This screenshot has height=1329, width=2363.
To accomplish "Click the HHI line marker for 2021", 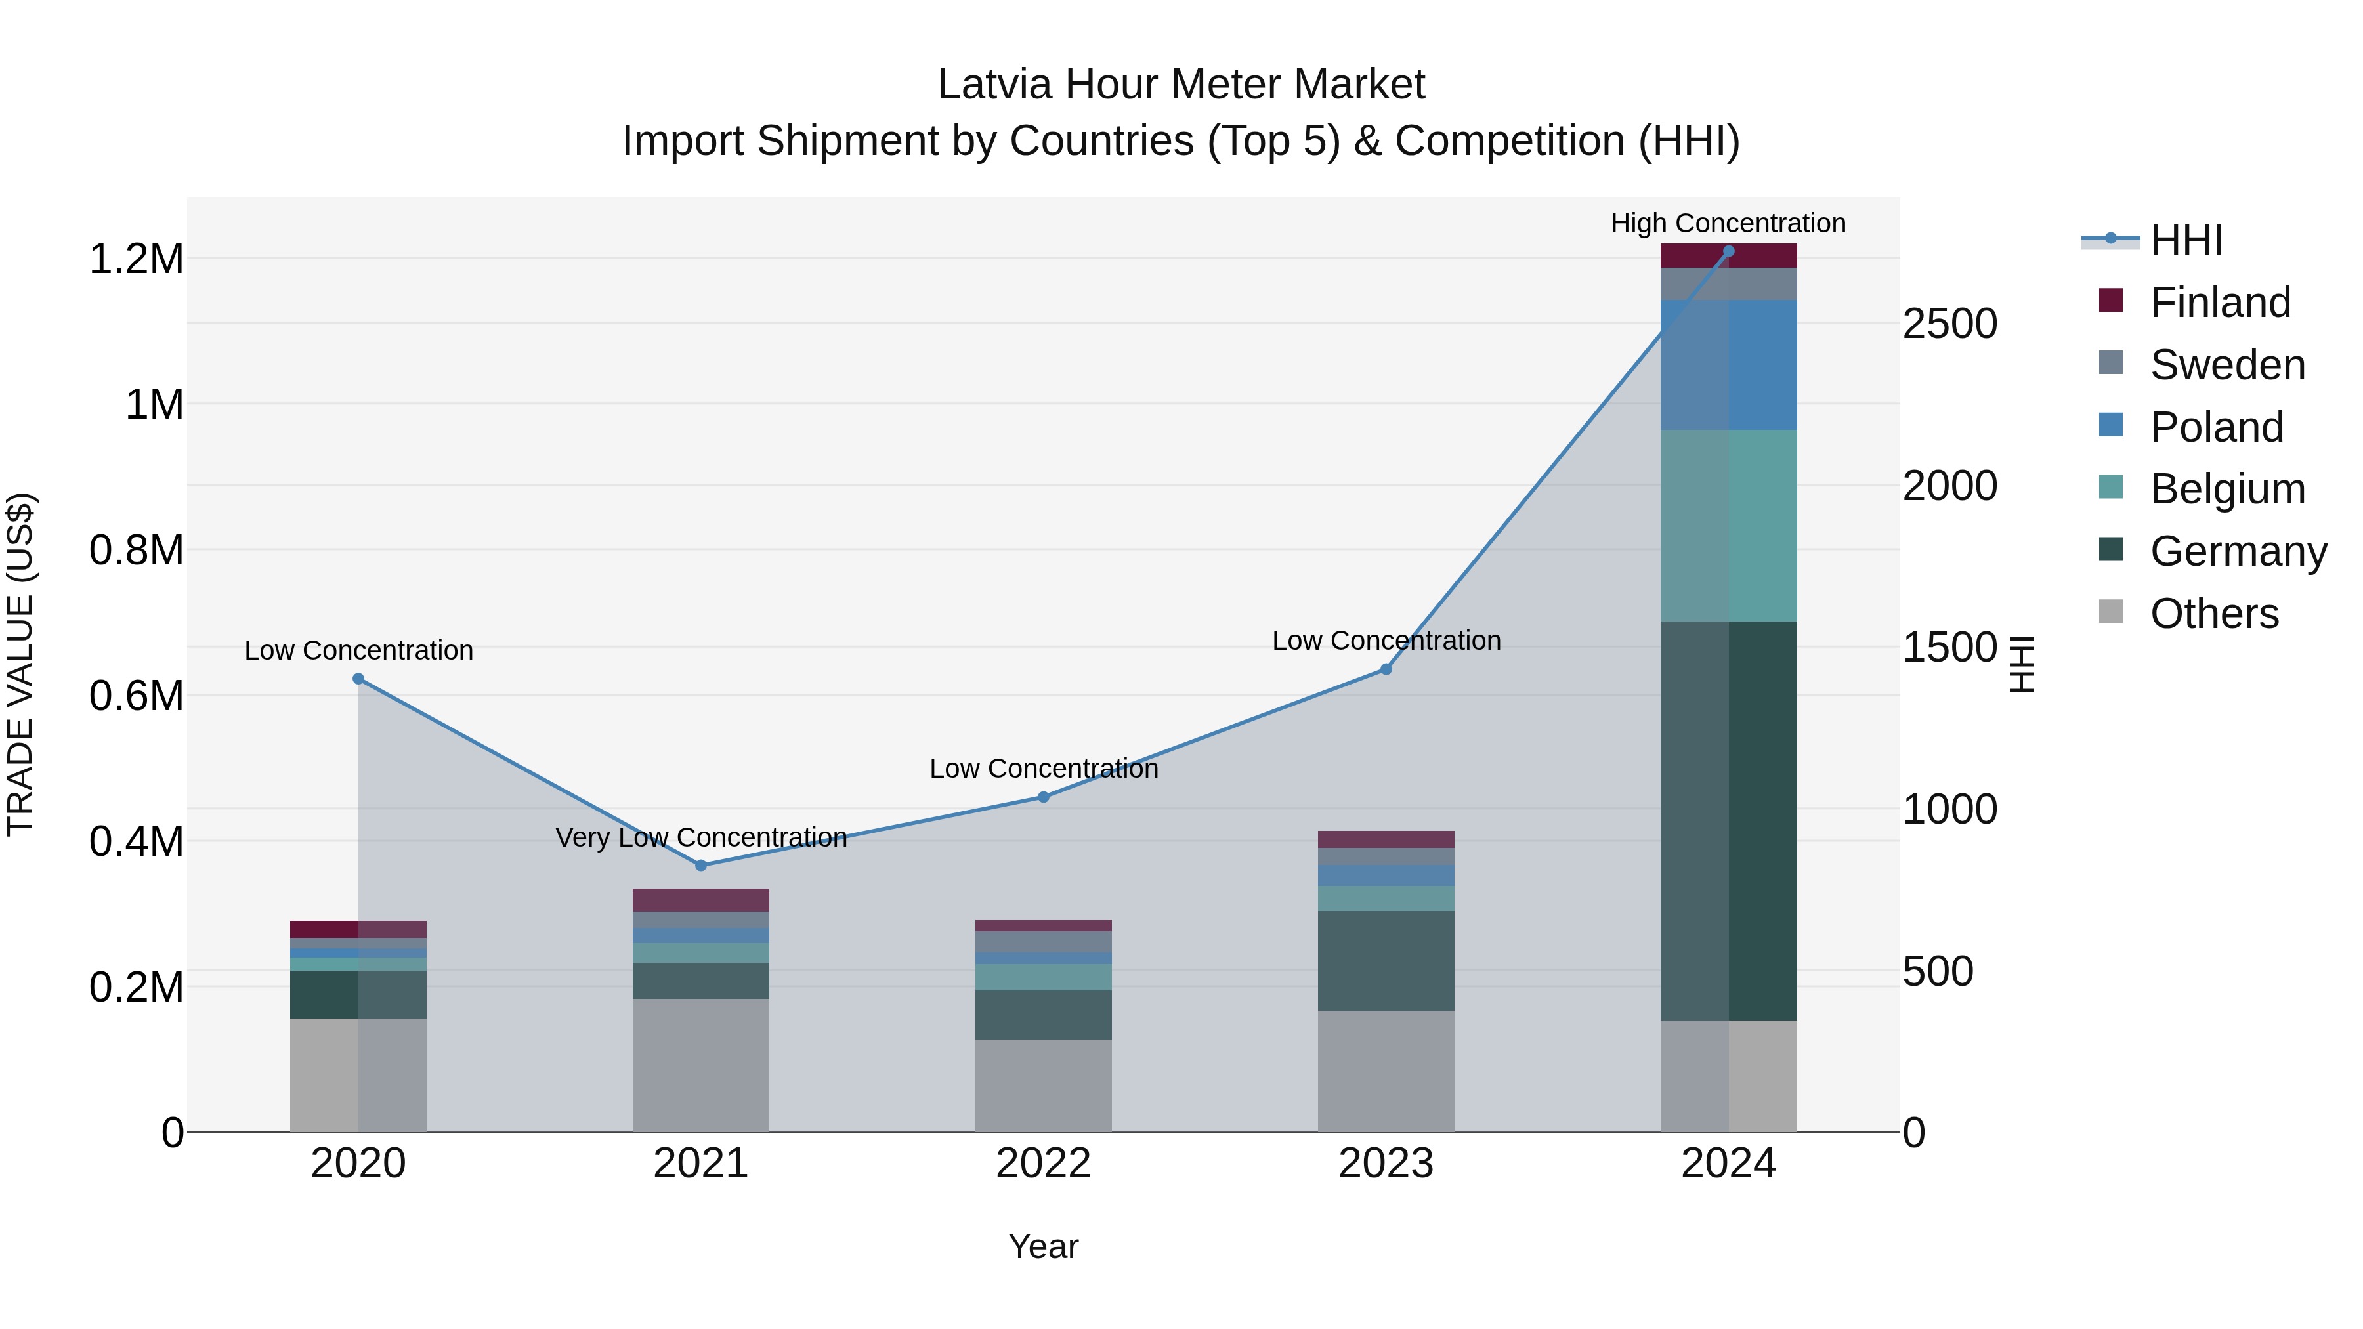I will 701,865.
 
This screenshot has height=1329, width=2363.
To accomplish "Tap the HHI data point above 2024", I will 1728,251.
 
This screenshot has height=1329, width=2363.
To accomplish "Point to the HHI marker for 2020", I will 358,679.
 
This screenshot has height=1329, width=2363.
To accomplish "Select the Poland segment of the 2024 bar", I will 1728,364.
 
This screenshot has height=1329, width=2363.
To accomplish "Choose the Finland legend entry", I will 2219,303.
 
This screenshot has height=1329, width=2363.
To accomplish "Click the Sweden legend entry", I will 2226,365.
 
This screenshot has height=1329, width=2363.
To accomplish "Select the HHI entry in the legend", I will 2185,240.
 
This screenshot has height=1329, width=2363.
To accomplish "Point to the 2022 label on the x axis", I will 1043,1164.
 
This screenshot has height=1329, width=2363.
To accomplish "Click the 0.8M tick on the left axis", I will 136,551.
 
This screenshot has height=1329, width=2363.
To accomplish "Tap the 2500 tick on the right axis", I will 1949,324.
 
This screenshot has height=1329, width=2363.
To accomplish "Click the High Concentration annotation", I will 1728,223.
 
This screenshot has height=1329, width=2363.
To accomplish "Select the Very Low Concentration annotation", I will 701,837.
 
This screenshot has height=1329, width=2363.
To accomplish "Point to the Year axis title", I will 1043,1246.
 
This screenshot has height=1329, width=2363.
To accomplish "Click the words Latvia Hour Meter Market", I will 1181,85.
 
